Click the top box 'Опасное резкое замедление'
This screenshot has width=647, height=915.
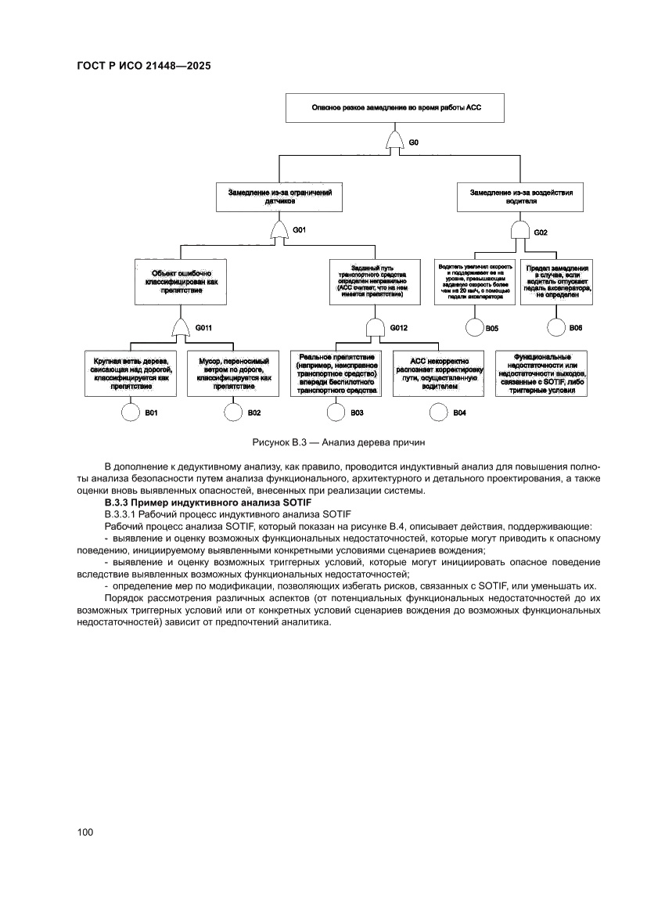[396, 107]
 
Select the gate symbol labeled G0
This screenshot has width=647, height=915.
[396, 143]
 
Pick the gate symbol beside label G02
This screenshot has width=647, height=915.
[520, 231]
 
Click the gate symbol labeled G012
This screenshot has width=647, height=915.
[376, 327]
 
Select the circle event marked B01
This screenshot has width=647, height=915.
[130, 412]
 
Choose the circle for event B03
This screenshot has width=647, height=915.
[335, 412]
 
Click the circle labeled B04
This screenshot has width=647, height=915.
[439, 412]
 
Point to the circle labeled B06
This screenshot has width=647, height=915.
[555, 327]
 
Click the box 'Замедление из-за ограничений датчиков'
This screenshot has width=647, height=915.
[279, 196]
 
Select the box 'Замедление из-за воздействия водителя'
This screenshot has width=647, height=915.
[520, 196]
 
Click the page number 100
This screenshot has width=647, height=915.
[85, 831]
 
